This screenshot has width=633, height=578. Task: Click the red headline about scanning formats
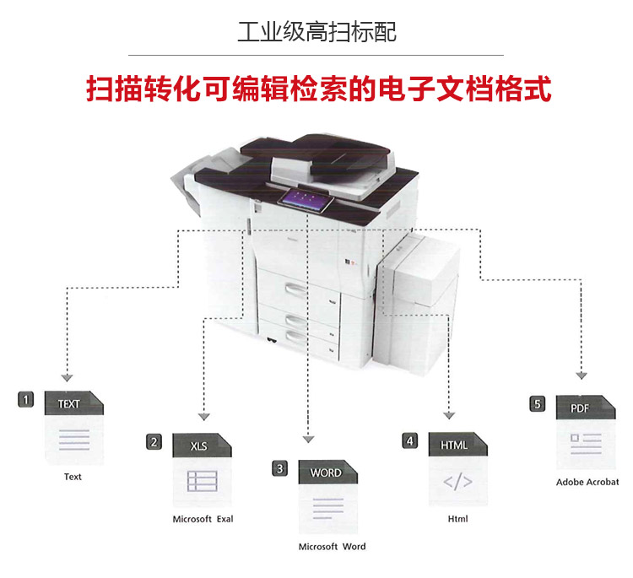click(x=319, y=89)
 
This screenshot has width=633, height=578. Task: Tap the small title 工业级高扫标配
click(x=316, y=33)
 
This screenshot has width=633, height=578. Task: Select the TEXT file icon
click(x=73, y=428)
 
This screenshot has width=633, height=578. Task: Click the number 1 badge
click(x=27, y=399)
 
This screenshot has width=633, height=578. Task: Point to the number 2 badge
click(x=154, y=441)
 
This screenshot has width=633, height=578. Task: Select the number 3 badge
click(x=280, y=467)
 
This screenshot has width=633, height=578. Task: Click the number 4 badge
click(x=409, y=440)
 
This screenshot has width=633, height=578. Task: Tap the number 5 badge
click(x=537, y=404)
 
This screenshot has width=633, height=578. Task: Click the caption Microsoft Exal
click(x=203, y=519)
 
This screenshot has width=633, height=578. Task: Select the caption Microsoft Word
click(x=332, y=547)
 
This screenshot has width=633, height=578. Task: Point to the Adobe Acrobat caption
click(x=587, y=483)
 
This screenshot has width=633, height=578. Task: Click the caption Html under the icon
click(x=457, y=519)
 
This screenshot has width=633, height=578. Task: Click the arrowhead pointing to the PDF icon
click(x=582, y=377)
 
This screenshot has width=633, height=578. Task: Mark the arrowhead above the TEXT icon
click(x=68, y=377)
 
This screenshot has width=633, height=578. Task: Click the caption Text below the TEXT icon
click(x=73, y=477)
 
